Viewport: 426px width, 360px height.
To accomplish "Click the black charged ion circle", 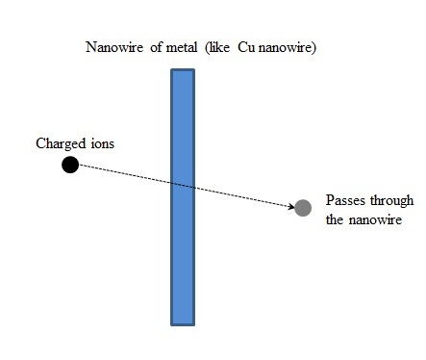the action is [69, 164].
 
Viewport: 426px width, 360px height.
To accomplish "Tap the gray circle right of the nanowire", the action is [303, 207].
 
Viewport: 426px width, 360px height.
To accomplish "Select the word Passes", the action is [344, 200].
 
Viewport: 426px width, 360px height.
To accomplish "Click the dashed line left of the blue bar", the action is [125, 174].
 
